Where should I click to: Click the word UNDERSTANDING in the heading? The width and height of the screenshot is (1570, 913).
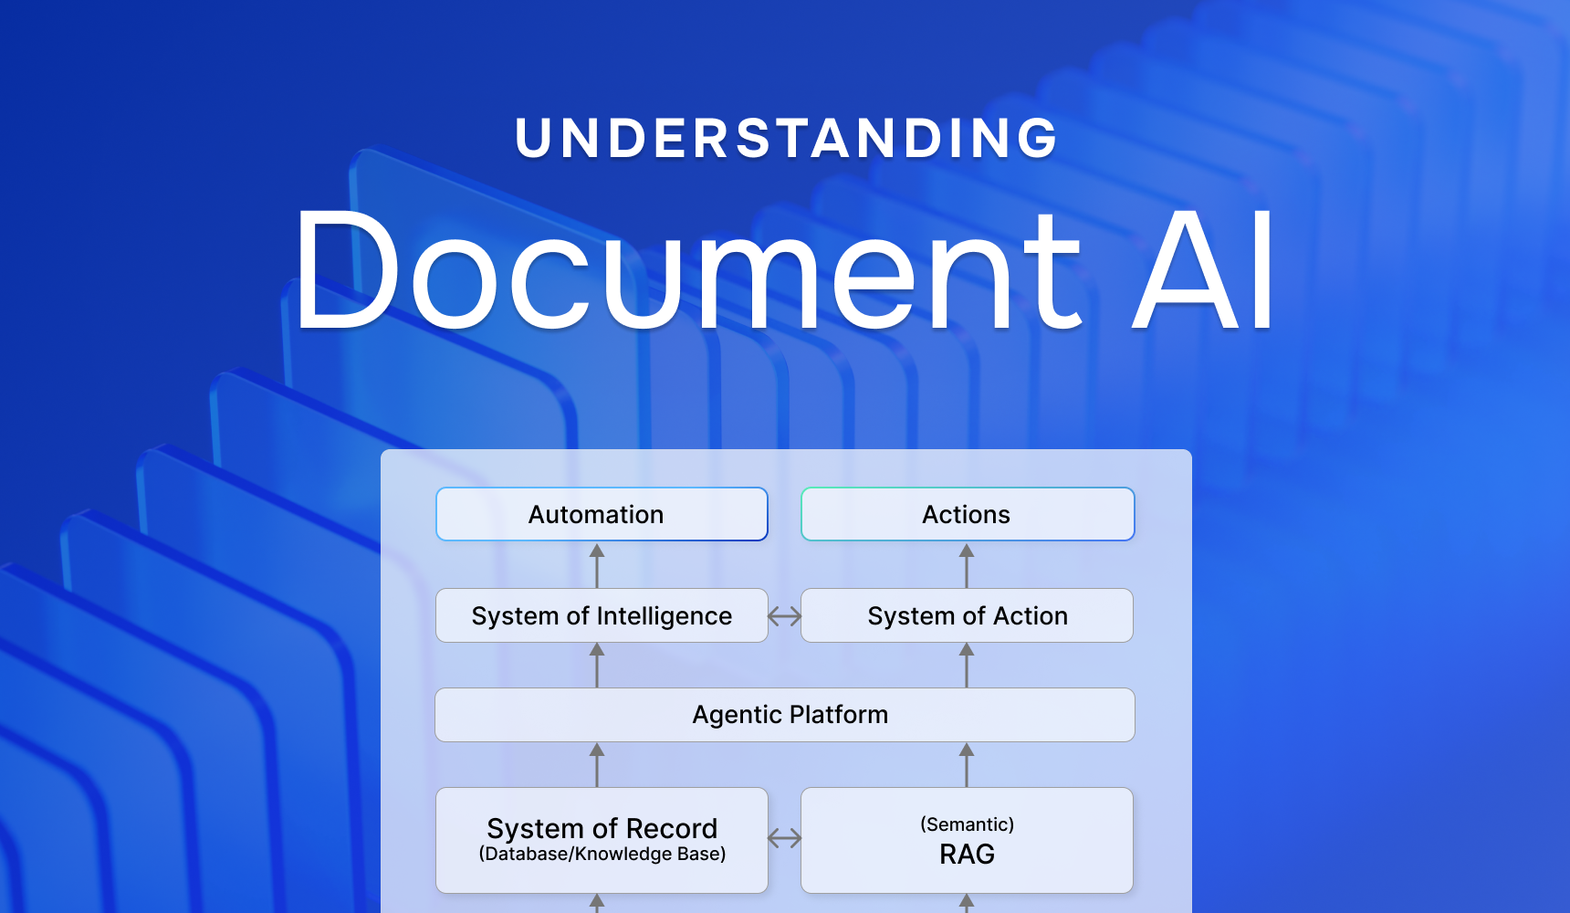click(x=786, y=139)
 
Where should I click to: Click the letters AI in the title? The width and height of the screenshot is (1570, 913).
click(x=1204, y=270)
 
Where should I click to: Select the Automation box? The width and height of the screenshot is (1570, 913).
click(x=602, y=514)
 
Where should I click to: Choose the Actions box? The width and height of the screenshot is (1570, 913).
click(x=968, y=514)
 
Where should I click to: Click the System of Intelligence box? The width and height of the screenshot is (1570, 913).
click(x=602, y=615)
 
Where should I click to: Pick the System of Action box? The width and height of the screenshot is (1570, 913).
click(x=968, y=615)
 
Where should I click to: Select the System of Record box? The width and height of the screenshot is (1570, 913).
click(x=602, y=829)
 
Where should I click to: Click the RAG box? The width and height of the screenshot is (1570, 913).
click(x=968, y=854)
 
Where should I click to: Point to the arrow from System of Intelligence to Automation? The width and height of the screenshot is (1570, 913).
click(x=597, y=565)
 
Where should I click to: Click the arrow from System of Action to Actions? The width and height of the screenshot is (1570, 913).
click(x=967, y=565)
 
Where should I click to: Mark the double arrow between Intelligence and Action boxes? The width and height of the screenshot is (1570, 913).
click(x=785, y=616)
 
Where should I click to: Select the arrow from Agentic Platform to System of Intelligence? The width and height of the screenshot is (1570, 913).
click(x=597, y=665)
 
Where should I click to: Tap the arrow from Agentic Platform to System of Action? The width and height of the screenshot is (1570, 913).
click(x=967, y=665)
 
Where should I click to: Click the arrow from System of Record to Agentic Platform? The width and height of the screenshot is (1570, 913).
click(x=597, y=764)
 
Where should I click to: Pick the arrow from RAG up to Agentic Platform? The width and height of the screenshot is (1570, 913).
click(x=967, y=764)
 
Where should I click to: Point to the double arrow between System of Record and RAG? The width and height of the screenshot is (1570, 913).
click(x=785, y=838)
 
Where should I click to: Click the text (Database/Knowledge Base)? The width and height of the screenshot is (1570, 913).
click(x=602, y=855)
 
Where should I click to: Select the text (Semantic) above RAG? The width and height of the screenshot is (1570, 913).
click(x=968, y=824)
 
